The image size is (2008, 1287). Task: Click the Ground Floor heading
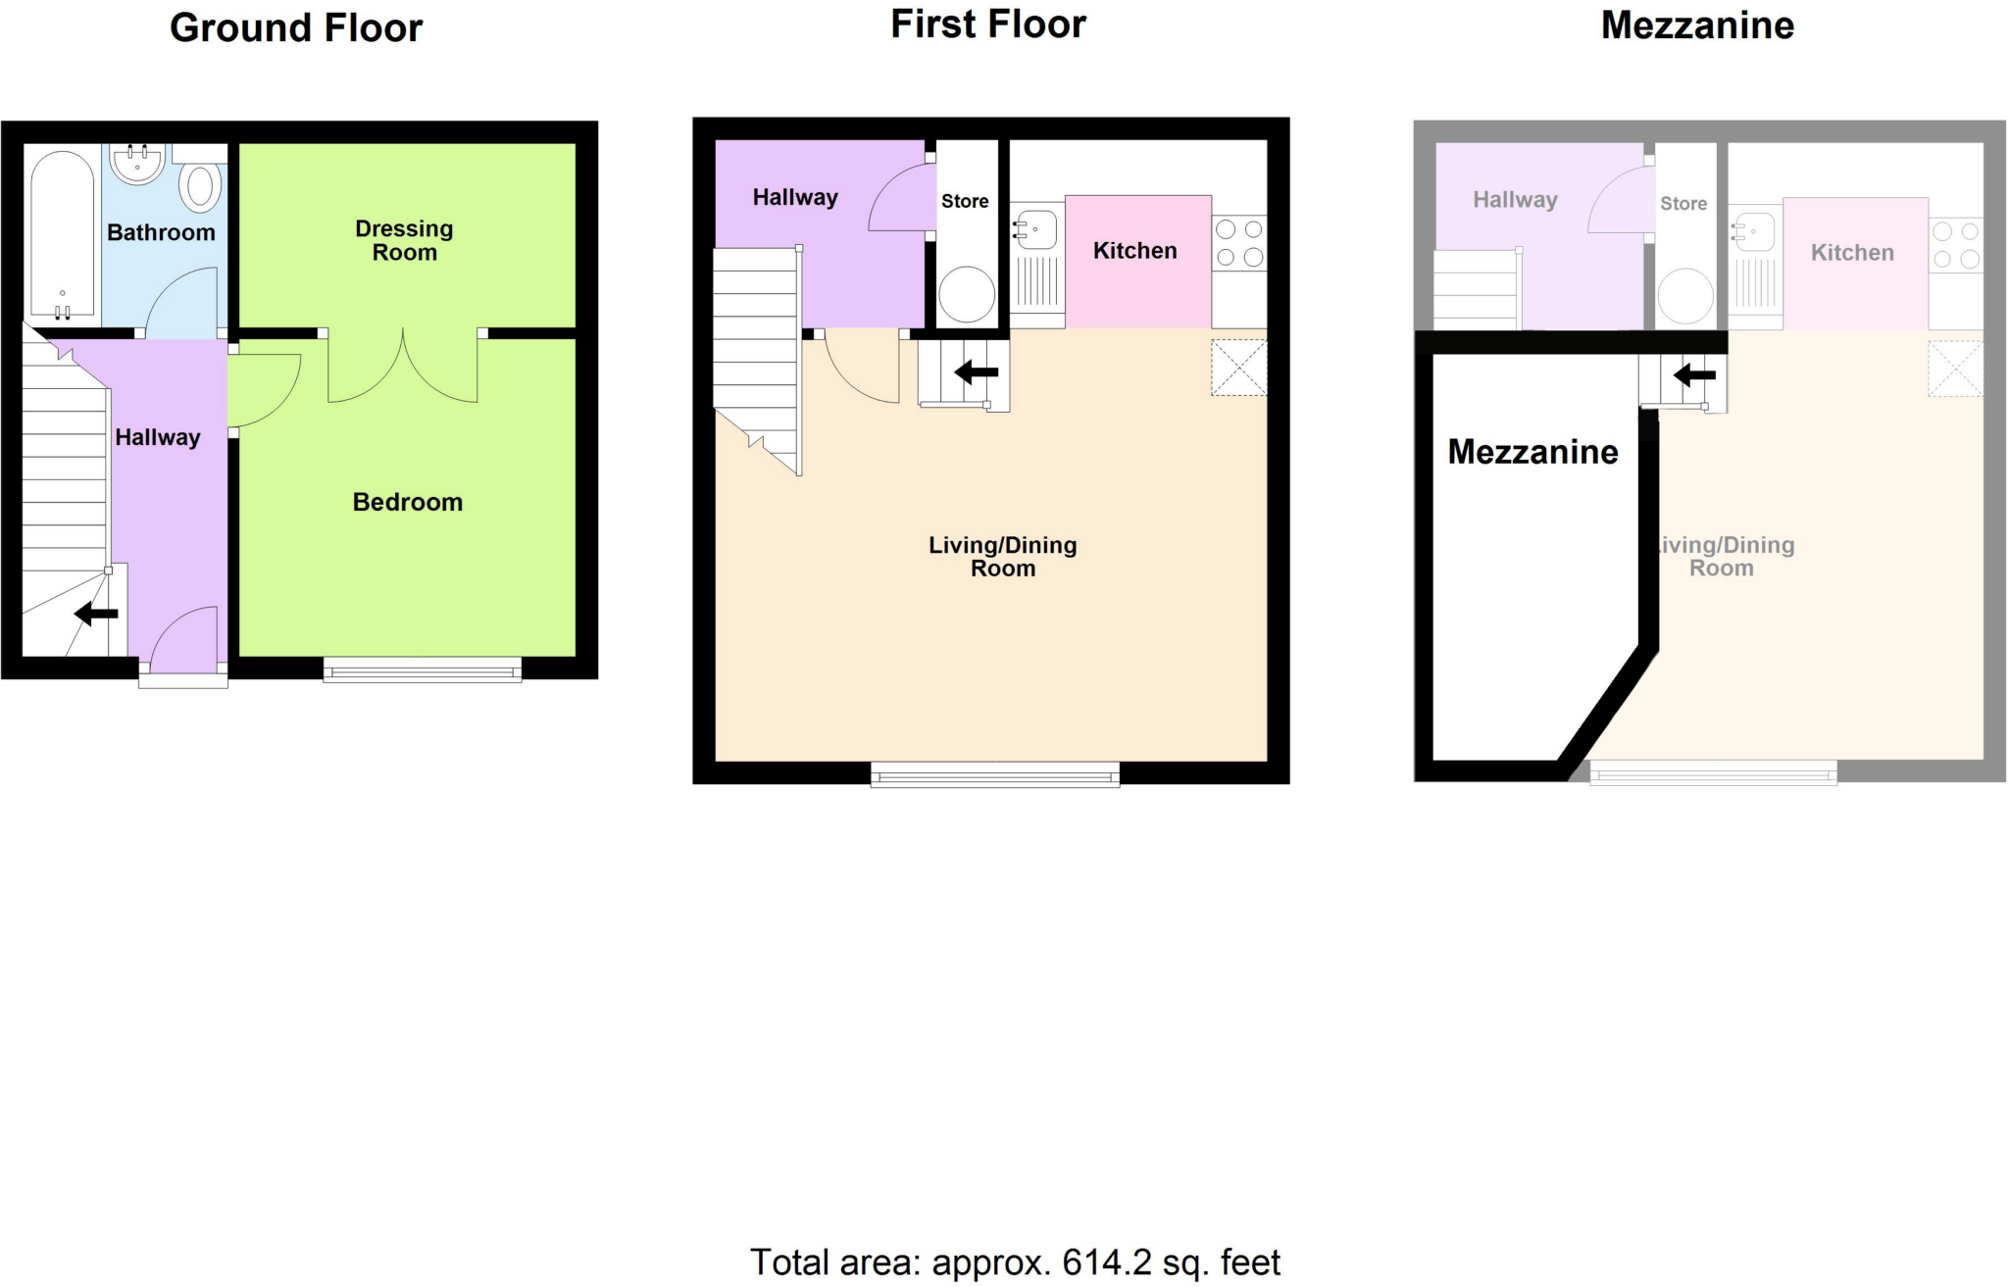(x=296, y=28)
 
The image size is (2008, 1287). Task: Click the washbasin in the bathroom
(x=137, y=164)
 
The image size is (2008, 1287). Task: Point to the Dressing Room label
(x=404, y=240)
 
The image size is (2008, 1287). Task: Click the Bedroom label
(x=407, y=502)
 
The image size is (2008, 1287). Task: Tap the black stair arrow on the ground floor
(x=96, y=614)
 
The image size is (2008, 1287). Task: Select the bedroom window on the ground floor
(x=423, y=670)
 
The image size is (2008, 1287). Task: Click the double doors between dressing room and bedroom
(x=403, y=368)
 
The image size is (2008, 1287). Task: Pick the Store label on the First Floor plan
(x=965, y=201)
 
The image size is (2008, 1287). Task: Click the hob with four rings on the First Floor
(x=1239, y=243)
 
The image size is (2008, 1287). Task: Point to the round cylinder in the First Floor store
(x=967, y=294)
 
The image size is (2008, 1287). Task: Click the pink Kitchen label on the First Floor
(x=1134, y=251)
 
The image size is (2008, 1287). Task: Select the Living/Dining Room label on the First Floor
(x=1002, y=556)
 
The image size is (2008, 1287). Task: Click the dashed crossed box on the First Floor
(x=1239, y=368)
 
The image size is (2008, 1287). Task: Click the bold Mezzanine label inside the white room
(x=1532, y=452)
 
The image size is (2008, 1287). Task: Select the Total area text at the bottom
(x=1015, y=1262)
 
